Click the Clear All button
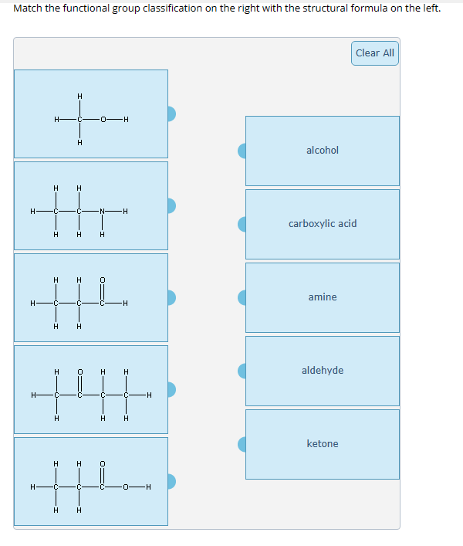(x=375, y=53)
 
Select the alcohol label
(x=322, y=151)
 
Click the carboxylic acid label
(x=322, y=224)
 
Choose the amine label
(x=322, y=297)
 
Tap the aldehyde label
(x=322, y=371)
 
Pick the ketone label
(x=322, y=444)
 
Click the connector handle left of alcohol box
(x=242, y=151)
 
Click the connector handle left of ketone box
(x=242, y=444)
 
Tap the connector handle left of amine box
(x=242, y=297)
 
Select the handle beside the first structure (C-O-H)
(x=172, y=114)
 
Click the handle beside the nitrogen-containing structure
(x=172, y=206)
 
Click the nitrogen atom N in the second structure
(x=102, y=211)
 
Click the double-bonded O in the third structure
(x=102, y=280)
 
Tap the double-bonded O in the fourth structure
(x=79, y=371)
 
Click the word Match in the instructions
(x=28, y=8)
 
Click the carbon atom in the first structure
(x=79, y=119)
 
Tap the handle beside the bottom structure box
(x=172, y=482)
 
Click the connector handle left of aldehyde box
(x=242, y=371)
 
